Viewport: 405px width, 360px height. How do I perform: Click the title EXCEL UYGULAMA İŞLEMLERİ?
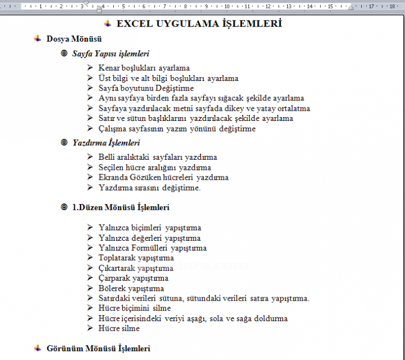(x=199, y=24)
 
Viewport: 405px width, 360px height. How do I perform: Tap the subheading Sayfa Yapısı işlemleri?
(x=111, y=54)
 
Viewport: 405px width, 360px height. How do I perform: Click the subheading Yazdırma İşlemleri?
(x=106, y=143)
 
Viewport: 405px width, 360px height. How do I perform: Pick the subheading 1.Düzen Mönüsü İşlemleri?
(x=121, y=207)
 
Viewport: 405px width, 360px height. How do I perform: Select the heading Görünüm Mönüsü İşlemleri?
(x=98, y=348)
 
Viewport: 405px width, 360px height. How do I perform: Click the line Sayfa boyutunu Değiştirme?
(x=146, y=88)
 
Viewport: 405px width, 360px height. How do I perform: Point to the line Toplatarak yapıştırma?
(x=136, y=258)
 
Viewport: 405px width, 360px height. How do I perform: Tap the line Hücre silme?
(x=119, y=328)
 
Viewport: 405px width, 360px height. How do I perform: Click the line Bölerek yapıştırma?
(x=131, y=288)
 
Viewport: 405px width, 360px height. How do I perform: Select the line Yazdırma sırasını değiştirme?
(x=149, y=187)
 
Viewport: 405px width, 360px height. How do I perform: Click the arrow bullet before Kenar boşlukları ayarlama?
(x=90, y=68)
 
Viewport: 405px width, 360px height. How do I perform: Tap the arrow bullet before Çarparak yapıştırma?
(x=90, y=278)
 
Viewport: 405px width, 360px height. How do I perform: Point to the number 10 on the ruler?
(x=227, y=7)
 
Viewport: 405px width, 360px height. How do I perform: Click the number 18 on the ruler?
(x=392, y=7)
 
